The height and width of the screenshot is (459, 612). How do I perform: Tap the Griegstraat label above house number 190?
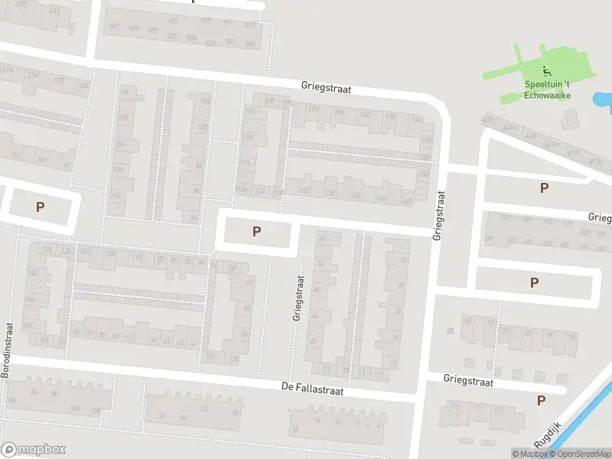click(326, 88)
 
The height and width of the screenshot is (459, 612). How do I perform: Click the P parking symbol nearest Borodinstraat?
click(40, 207)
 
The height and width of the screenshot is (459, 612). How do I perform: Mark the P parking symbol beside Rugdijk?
click(542, 400)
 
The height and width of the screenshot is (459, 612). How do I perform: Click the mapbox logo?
click(34, 450)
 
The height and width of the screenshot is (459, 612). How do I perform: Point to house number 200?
click(269, 101)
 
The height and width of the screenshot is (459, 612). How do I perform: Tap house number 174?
click(416, 120)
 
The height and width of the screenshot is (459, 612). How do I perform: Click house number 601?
click(173, 21)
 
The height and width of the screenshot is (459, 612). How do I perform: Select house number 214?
click(34, 75)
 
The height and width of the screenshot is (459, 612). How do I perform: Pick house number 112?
click(116, 196)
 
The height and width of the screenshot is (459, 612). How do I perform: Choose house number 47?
click(155, 340)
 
